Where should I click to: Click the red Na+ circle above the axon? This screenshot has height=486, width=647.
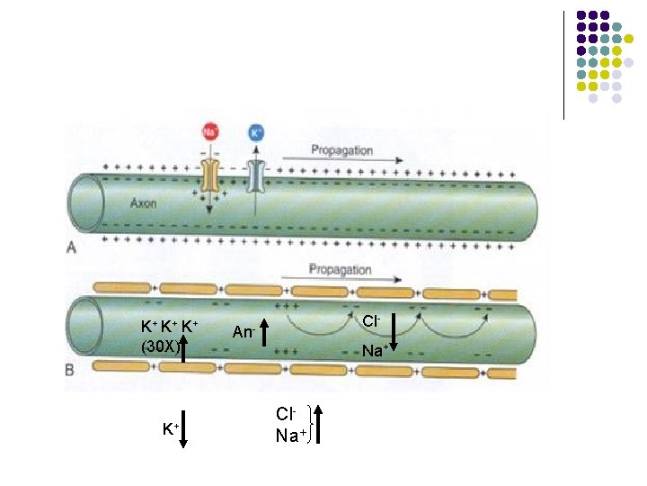(210, 131)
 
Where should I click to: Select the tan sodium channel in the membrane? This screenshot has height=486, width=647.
(211, 176)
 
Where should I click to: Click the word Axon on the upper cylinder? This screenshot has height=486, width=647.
(142, 202)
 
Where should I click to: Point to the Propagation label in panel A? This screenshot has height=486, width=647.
(342, 150)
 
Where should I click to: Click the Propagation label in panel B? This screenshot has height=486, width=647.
(340, 269)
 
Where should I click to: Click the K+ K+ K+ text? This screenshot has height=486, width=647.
(169, 326)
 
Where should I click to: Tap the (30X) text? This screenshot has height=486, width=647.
(160, 345)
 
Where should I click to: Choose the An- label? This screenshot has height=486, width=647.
(244, 332)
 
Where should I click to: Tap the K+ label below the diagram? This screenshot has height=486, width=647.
(170, 429)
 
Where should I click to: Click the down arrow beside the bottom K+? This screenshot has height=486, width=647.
(182, 430)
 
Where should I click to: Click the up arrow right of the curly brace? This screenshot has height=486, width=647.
(319, 425)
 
